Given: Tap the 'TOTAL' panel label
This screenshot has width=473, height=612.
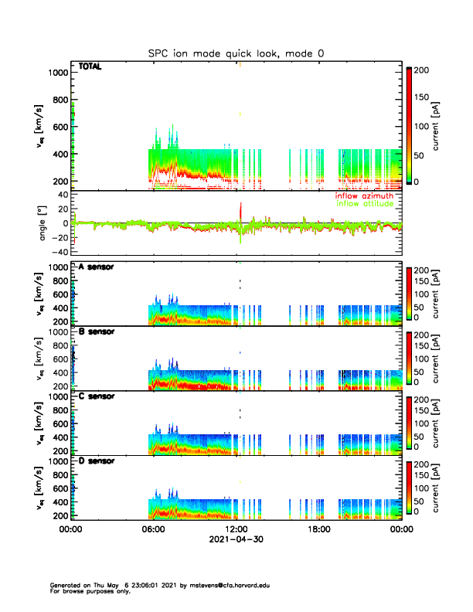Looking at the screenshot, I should pyautogui.click(x=90, y=67).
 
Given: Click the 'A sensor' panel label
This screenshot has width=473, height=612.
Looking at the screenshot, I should pyautogui.click(x=96, y=267).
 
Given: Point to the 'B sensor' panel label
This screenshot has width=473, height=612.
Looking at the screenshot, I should pyautogui.click(x=96, y=331).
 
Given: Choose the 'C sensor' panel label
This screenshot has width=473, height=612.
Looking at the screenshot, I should pyautogui.click(x=96, y=396).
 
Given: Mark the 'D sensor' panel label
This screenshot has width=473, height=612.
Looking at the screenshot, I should pyautogui.click(x=96, y=461).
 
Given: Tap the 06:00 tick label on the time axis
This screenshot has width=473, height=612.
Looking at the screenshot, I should pyautogui.click(x=153, y=529).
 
